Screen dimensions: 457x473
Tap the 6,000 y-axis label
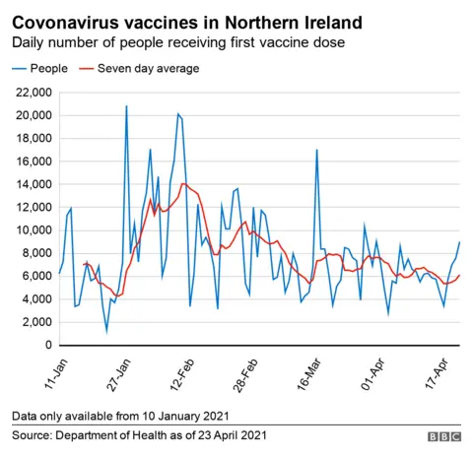34,277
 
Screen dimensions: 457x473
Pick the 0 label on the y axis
47,346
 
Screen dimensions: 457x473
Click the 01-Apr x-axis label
370,373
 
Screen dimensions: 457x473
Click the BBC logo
443,435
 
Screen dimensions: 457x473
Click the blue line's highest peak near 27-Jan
126,105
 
